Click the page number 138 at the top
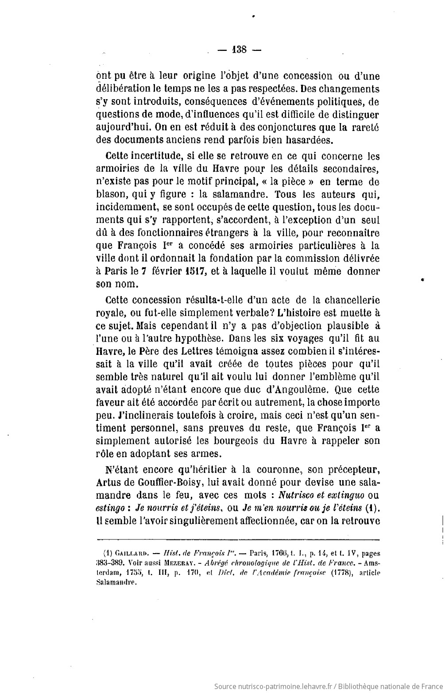coord(240,49)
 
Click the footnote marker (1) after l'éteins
coord(371,508)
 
